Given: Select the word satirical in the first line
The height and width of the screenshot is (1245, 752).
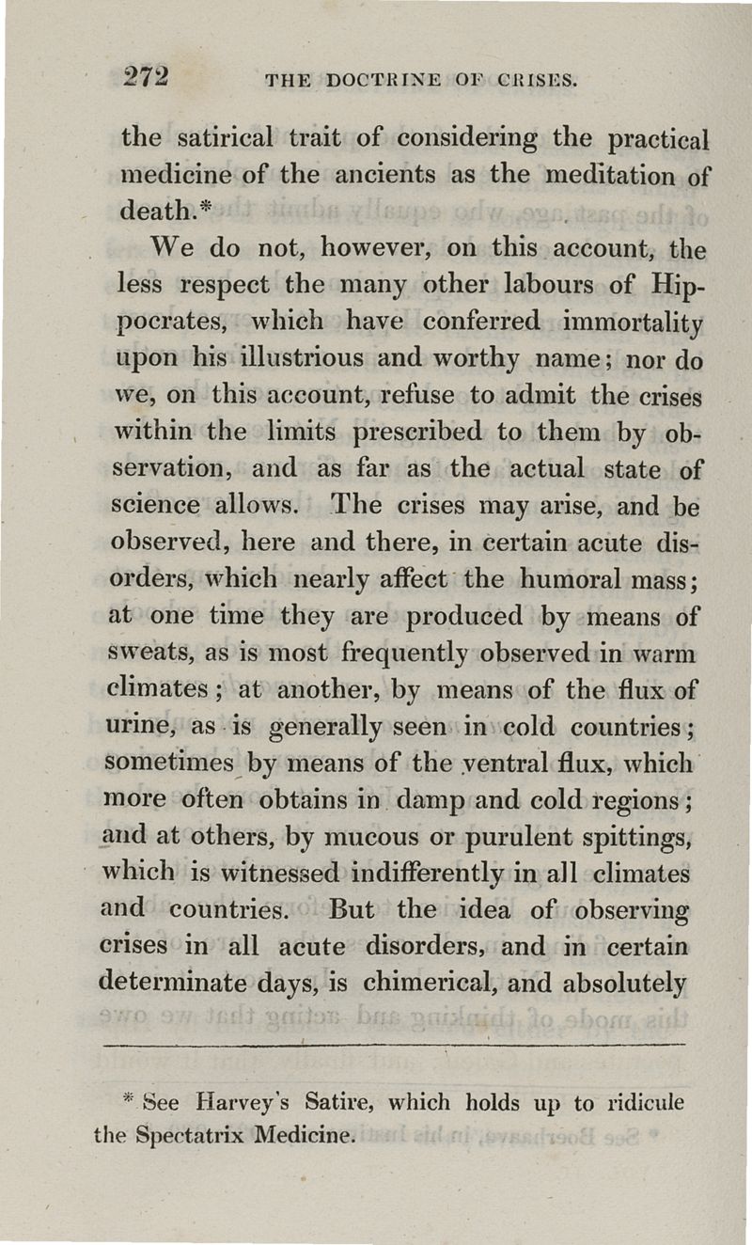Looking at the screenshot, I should (217, 138).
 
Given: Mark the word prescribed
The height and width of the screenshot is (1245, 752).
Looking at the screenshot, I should (424, 433).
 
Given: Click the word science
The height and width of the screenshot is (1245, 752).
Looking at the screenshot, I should (156, 507).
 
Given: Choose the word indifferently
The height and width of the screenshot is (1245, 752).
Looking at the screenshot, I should (413, 875).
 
